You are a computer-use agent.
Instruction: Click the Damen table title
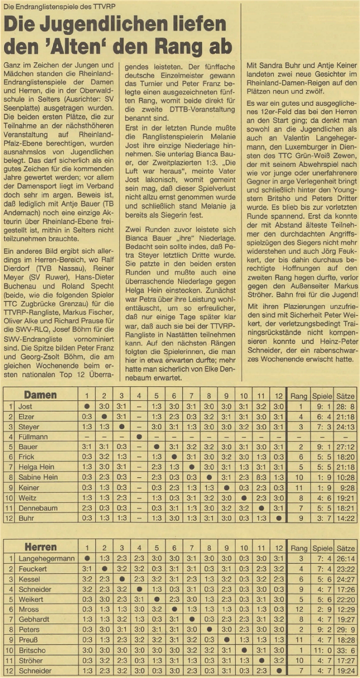40,395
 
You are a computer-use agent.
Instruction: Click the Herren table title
40,547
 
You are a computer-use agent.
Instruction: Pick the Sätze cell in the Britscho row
345,650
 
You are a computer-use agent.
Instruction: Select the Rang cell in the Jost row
298,407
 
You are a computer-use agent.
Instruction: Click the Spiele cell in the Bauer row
322,447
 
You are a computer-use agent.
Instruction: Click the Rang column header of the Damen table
298,396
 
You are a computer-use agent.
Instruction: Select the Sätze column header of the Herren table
345,547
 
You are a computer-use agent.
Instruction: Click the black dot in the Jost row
86,407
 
